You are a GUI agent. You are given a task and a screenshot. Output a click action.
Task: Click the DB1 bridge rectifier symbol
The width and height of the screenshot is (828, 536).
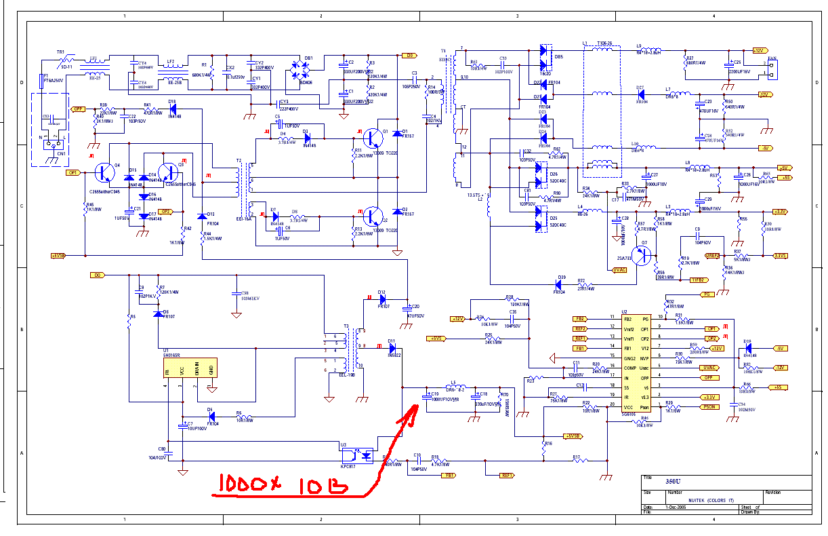(x=299, y=71)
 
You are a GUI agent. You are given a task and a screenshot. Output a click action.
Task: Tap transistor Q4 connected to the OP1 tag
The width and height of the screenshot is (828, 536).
(x=104, y=173)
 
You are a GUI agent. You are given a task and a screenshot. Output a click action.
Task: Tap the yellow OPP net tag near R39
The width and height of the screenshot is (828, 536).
(x=78, y=109)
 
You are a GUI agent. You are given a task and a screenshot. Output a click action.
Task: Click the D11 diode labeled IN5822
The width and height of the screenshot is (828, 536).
(x=392, y=349)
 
